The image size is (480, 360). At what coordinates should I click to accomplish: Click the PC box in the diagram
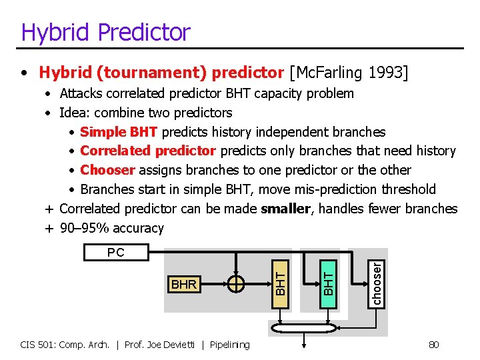115,253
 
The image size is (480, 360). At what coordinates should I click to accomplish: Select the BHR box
183,285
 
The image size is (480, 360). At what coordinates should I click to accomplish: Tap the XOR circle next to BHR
236,284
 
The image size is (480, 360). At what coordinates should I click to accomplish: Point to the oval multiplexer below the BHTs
305,328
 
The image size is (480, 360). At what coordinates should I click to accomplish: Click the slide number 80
433,345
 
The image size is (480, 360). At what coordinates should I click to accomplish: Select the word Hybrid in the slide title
50,32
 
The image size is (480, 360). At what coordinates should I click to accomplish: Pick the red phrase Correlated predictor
148,151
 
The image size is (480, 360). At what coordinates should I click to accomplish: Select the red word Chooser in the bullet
107,171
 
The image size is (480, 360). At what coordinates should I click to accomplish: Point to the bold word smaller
285,209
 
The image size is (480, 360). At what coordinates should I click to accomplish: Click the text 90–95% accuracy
111,228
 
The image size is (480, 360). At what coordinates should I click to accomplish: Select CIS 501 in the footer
38,345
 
